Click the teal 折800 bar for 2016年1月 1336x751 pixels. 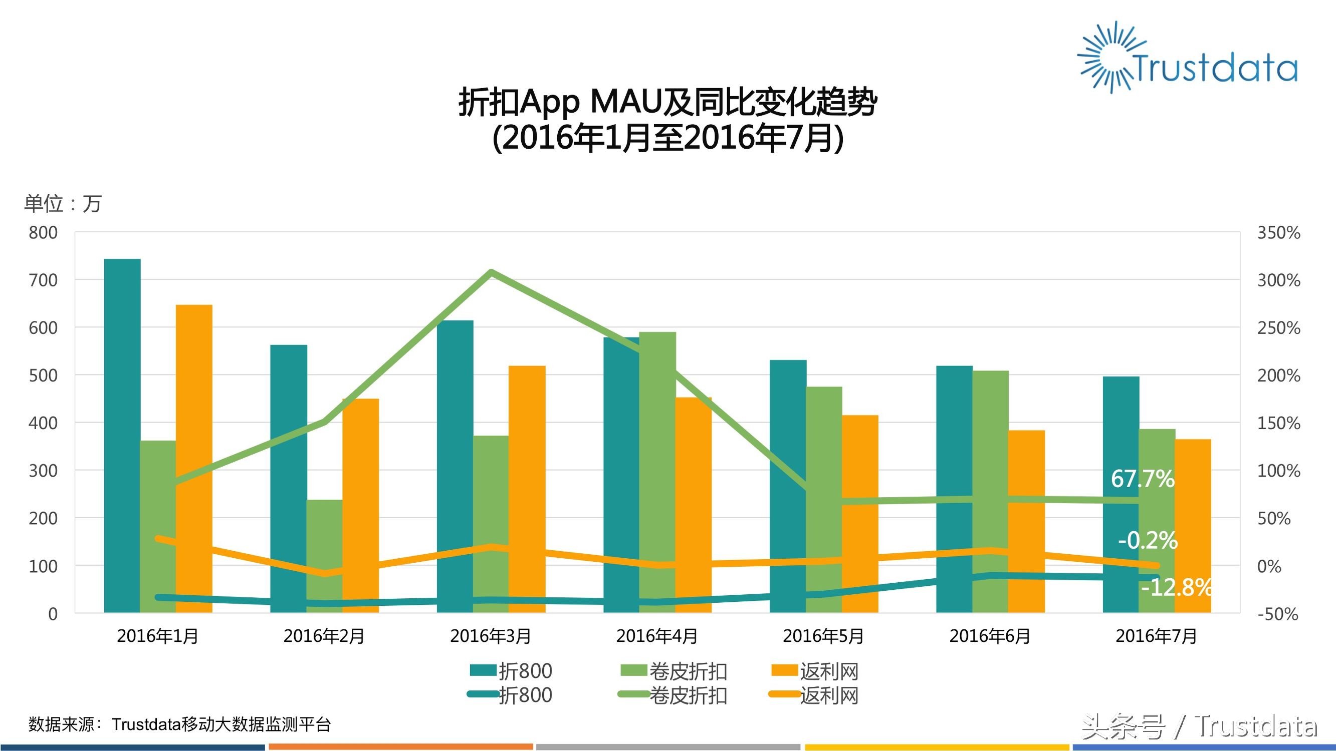point(122,436)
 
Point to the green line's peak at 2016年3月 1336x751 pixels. point(491,271)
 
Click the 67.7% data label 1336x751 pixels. point(1142,478)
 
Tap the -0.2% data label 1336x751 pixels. point(1147,541)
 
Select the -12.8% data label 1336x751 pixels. point(1176,587)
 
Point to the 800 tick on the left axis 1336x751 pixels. point(43,233)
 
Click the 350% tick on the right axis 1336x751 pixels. point(1278,233)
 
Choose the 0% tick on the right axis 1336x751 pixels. point(1269,566)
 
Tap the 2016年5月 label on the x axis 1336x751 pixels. point(823,636)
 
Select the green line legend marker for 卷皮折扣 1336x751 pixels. point(634,694)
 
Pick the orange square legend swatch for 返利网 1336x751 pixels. point(784,670)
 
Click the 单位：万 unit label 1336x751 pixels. point(63,204)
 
